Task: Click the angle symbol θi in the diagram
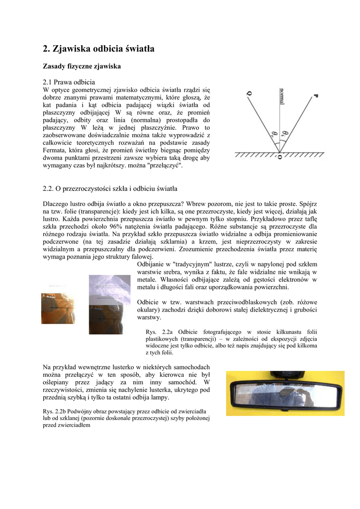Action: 284,133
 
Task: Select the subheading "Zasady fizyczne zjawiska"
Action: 82,66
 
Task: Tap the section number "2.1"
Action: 48,82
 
